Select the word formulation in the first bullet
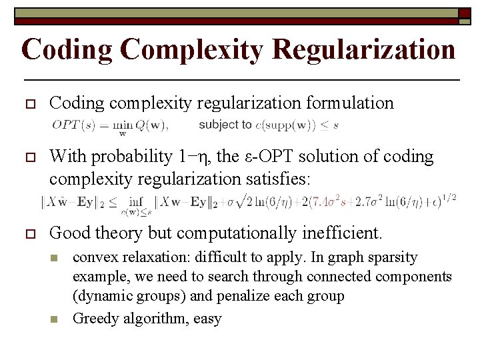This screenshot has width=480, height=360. pyautogui.click(x=350, y=103)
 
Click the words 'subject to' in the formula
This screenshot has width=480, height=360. pyautogui.click(x=225, y=124)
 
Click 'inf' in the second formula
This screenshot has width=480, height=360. pyautogui.click(x=137, y=200)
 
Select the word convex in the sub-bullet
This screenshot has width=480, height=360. pyautogui.click(x=93, y=257)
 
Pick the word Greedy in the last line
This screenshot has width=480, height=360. pyautogui.click(x=94, y=319)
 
